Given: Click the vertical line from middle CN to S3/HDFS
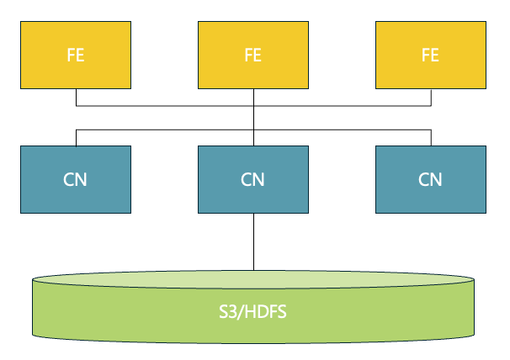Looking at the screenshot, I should pos(253,240).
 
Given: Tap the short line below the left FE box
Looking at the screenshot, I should pos(76,97).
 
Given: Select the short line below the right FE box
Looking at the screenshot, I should pos(431,97).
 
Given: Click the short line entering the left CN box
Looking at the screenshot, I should pos(76,138).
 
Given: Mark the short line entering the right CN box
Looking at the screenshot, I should pos(431,138).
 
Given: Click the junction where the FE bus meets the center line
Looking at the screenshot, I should pos(253,106).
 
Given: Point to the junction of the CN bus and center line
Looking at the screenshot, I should pos(253,130).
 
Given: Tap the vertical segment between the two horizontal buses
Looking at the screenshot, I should pos(253,118).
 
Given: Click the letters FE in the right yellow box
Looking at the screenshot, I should pos(430,56).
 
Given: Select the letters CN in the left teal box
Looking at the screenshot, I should pos(76,179).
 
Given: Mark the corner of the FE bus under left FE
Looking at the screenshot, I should pos(76,106).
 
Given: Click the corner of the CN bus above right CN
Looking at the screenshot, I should pos(431,130).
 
